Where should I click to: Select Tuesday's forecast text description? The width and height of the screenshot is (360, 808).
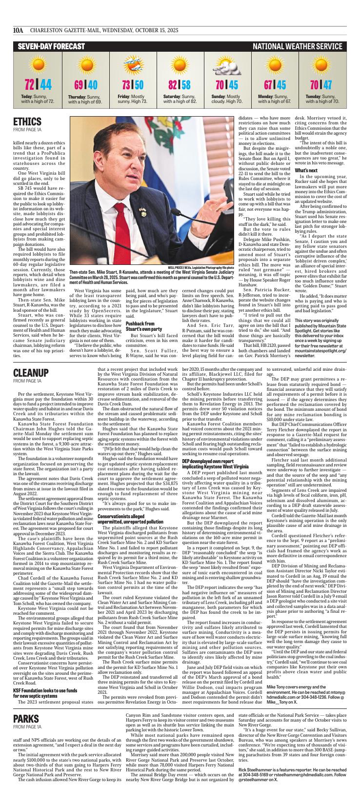(x=322, y=99)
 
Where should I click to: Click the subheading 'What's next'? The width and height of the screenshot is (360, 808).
(x=304, y=197)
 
